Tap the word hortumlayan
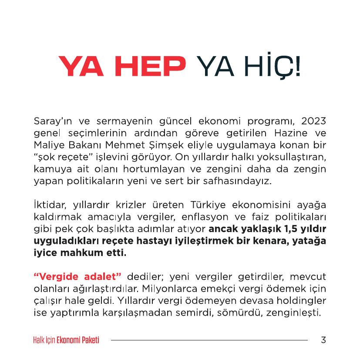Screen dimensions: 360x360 [151, 169]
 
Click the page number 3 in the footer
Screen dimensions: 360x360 [323, 340]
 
